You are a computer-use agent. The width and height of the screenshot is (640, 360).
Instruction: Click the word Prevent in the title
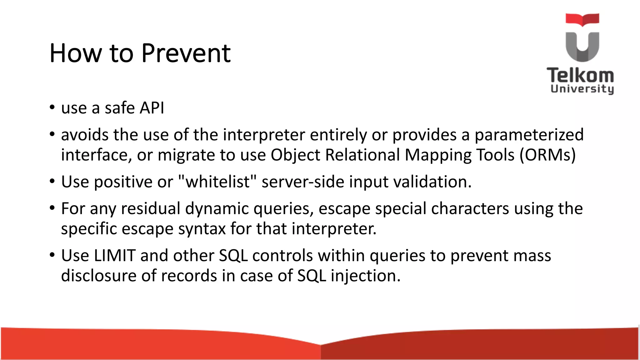[186, 53]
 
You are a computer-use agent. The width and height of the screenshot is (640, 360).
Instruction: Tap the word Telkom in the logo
[580, 76]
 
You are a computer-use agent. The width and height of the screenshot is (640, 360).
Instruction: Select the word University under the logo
[582, 89]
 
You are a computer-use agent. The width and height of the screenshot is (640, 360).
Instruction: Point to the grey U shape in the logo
[582, 47]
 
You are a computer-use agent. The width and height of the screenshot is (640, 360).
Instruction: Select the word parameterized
[529, 135]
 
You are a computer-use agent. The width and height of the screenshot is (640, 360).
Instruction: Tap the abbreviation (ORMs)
[547, 155]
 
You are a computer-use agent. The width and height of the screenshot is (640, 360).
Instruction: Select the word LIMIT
[115, 256]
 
